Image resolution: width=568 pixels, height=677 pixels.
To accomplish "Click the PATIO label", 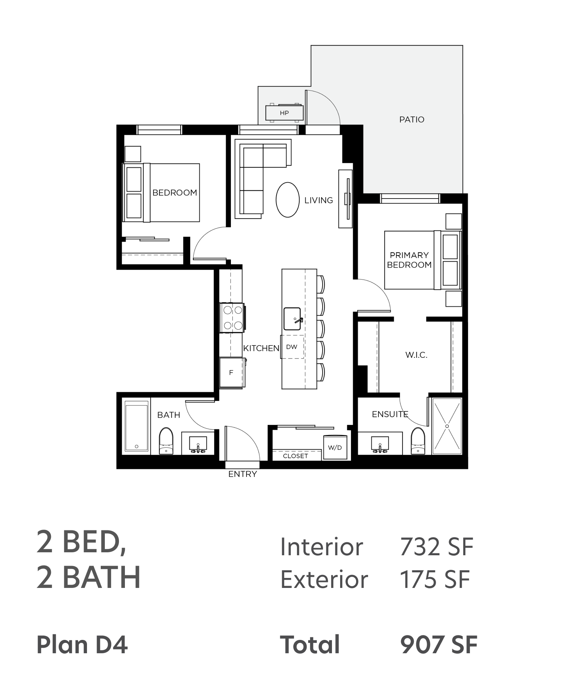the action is (412, 120).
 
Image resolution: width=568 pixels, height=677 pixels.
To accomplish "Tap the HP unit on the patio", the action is (284, 113).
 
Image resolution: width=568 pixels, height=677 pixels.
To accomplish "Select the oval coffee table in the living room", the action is (288, 200).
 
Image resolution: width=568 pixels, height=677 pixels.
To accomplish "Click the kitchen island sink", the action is (293, 318).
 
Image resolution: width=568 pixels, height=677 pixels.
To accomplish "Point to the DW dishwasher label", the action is (292, 347).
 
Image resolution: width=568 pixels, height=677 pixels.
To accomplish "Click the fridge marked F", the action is (232, 372).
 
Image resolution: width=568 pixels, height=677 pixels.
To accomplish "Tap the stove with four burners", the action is (233, 318).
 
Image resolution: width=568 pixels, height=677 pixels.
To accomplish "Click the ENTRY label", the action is (242, 474).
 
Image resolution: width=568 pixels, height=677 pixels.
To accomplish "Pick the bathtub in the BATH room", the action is (136, 426).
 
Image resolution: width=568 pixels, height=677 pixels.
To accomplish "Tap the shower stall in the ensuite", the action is (447, 426).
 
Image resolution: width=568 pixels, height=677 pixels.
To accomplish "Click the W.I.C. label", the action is (416, 355).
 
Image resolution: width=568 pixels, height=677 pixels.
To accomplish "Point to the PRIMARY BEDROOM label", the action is (409, 260).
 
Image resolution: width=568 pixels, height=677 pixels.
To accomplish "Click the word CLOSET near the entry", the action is (296, 456).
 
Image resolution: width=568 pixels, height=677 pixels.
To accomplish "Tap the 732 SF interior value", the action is (436, 547).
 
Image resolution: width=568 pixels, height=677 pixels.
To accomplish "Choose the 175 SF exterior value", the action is (435, 579).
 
